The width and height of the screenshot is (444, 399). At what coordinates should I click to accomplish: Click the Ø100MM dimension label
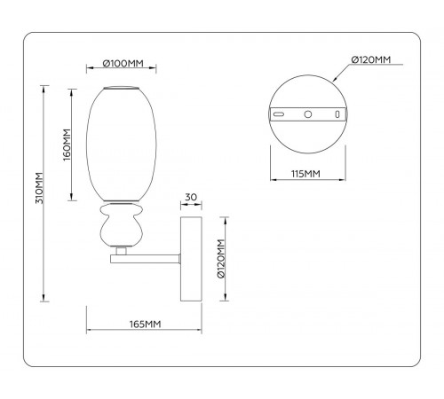point(123,64)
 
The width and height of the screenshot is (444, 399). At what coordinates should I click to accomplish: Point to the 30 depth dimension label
point(191,197)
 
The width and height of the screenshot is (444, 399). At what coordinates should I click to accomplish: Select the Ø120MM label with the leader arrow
point(372,59)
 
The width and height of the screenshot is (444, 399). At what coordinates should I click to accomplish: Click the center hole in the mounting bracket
point(307,115)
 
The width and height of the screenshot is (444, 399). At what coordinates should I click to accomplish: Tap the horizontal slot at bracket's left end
point(279,115)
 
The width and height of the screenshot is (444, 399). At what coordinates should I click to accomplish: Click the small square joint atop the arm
point(120,252)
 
